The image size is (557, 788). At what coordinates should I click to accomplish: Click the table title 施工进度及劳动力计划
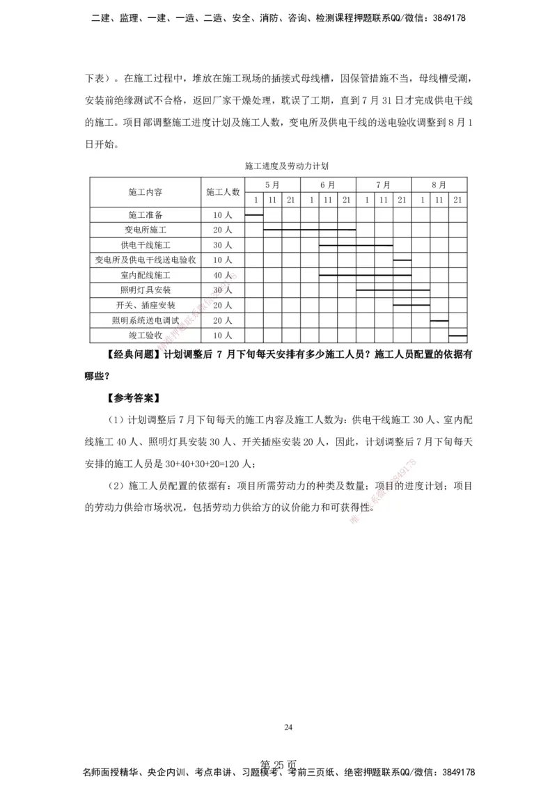[286, 167]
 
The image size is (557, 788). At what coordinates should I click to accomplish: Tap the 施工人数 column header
[223, 191]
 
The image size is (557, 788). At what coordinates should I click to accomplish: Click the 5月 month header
[272, 185]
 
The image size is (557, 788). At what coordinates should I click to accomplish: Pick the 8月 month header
[439, 185]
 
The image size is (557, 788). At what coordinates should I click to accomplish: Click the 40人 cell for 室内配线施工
[223, 275]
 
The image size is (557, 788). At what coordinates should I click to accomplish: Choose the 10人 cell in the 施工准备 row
[223, 214]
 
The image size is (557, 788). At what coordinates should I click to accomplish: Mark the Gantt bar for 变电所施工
[309, 229]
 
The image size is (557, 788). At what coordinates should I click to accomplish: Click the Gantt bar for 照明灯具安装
[393, 290]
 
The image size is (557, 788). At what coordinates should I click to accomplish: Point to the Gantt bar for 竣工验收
[457, 336]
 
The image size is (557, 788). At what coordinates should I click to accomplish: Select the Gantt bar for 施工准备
[254, 214]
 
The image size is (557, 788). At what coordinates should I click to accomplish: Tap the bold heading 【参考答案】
[133, 399]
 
